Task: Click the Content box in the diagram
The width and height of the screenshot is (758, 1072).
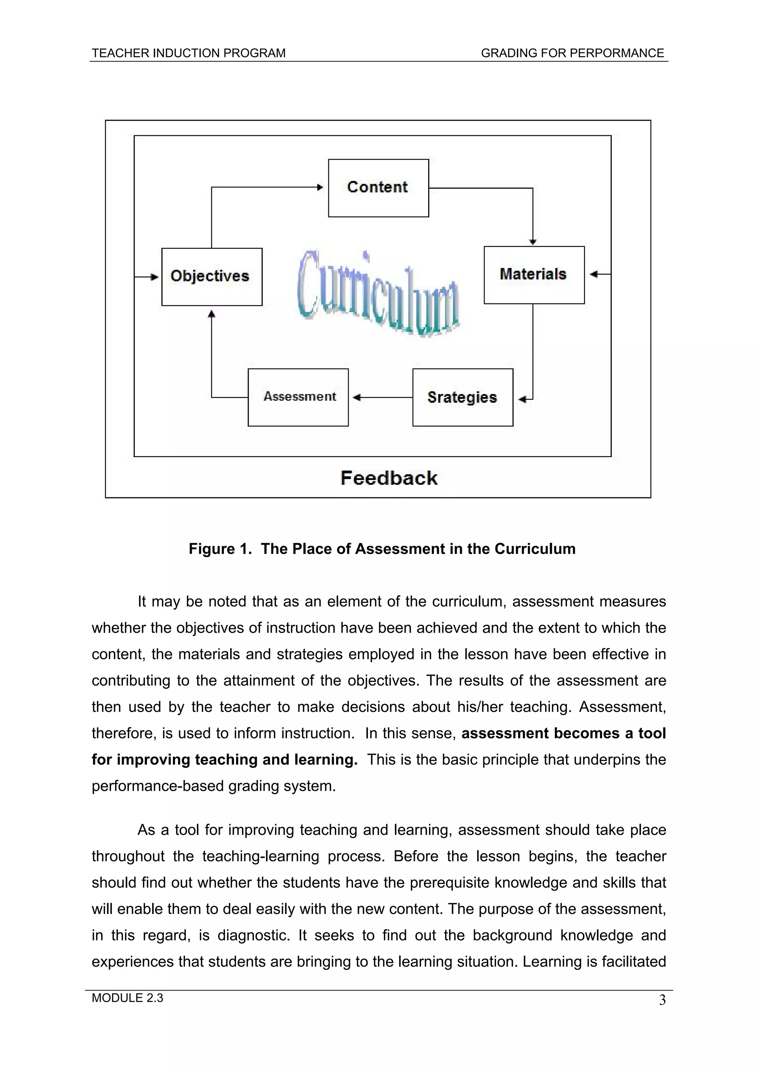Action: [378, 188]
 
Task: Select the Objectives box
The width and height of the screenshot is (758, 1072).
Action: [212, 276]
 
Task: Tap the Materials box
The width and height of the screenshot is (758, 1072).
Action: [534, 275]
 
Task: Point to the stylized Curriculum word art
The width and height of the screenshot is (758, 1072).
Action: [378, 294]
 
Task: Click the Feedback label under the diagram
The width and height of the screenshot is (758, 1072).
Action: [389, 478]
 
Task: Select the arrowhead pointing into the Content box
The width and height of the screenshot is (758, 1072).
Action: [321, 187]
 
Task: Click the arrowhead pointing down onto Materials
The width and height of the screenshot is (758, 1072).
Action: [533, 242]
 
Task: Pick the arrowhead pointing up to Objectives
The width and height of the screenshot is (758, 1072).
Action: [212, 314]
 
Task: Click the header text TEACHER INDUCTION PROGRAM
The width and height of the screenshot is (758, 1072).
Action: [188, 53]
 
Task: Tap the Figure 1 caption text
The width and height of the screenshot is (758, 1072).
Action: [382, 549]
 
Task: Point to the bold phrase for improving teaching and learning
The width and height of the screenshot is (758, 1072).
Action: [224, 760]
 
